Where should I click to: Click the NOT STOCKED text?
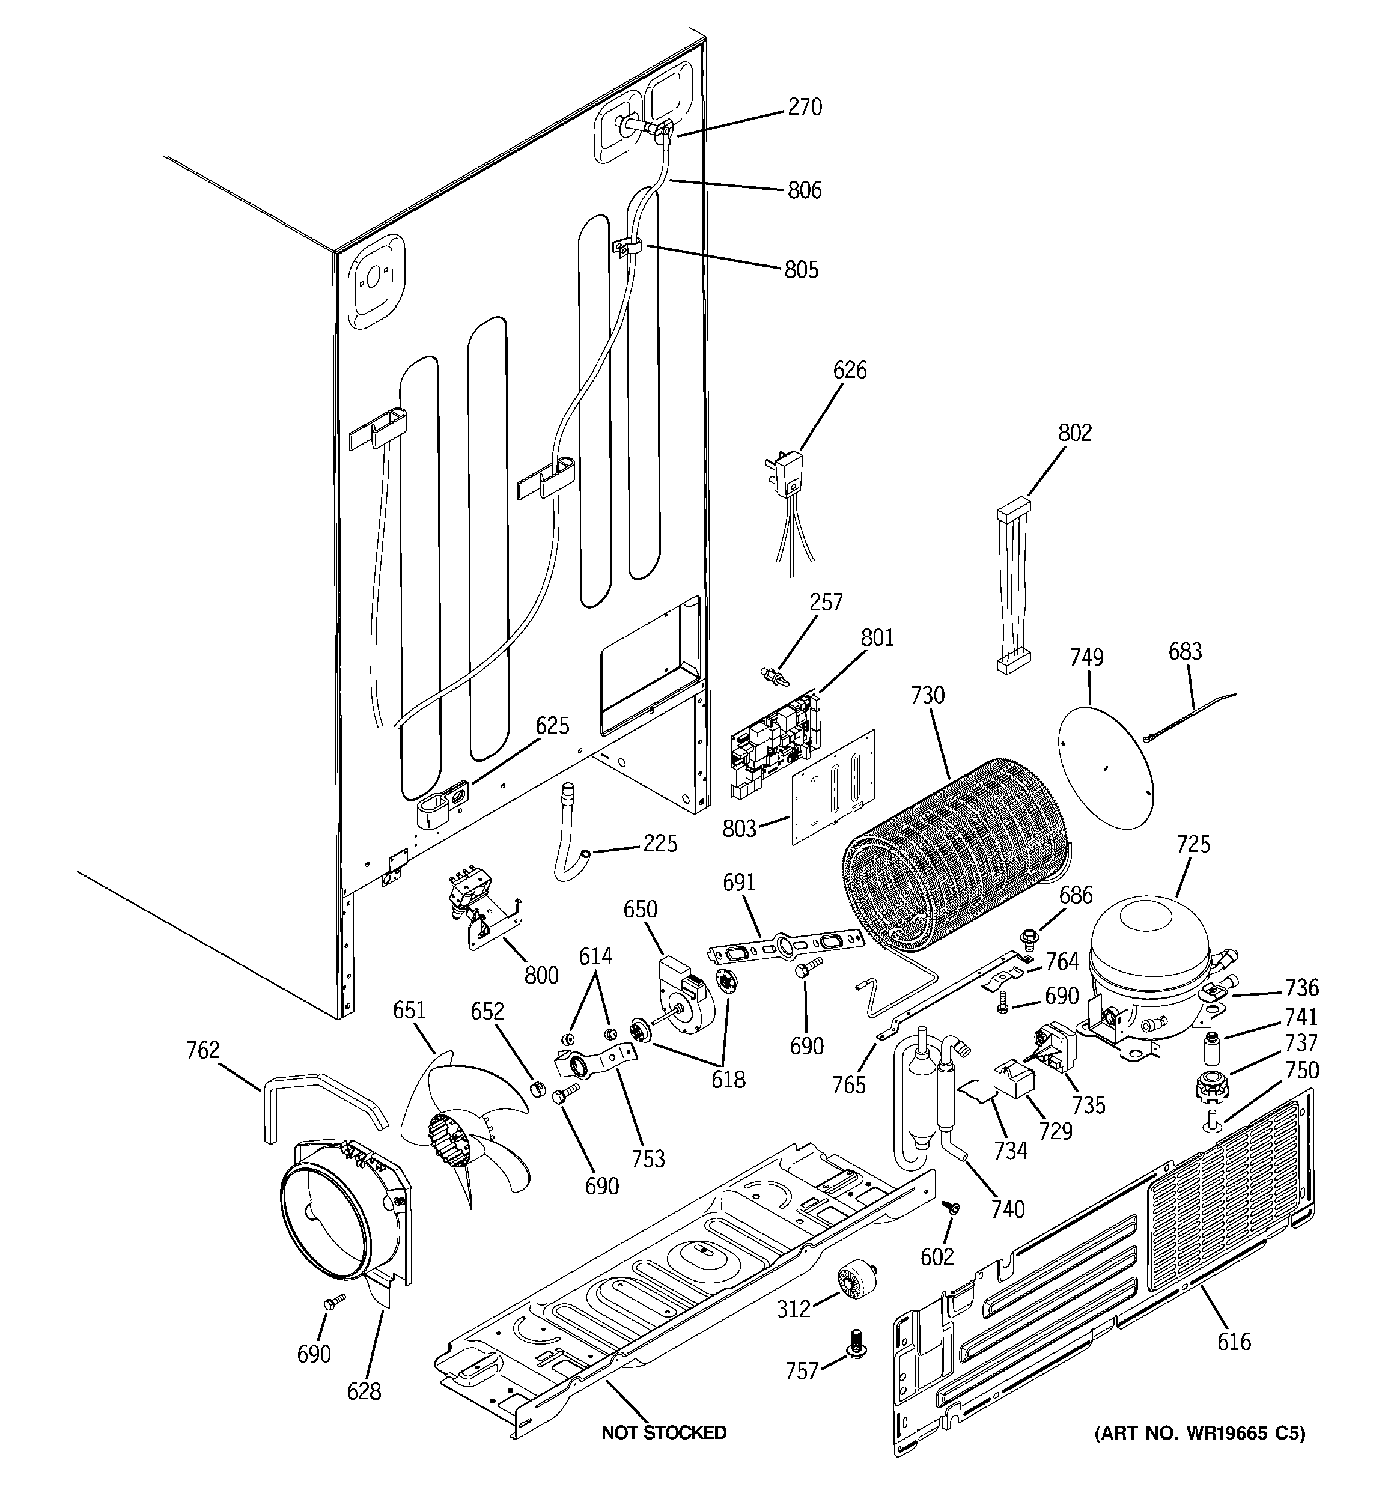click(664, 1432)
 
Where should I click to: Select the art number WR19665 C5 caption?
click(1200, 1433)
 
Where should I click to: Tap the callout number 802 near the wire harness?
click(1074, 433)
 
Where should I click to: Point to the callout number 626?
click(849, 369)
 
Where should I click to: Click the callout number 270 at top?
click(805, 107)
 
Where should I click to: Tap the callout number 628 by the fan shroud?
click(364, 1391)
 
